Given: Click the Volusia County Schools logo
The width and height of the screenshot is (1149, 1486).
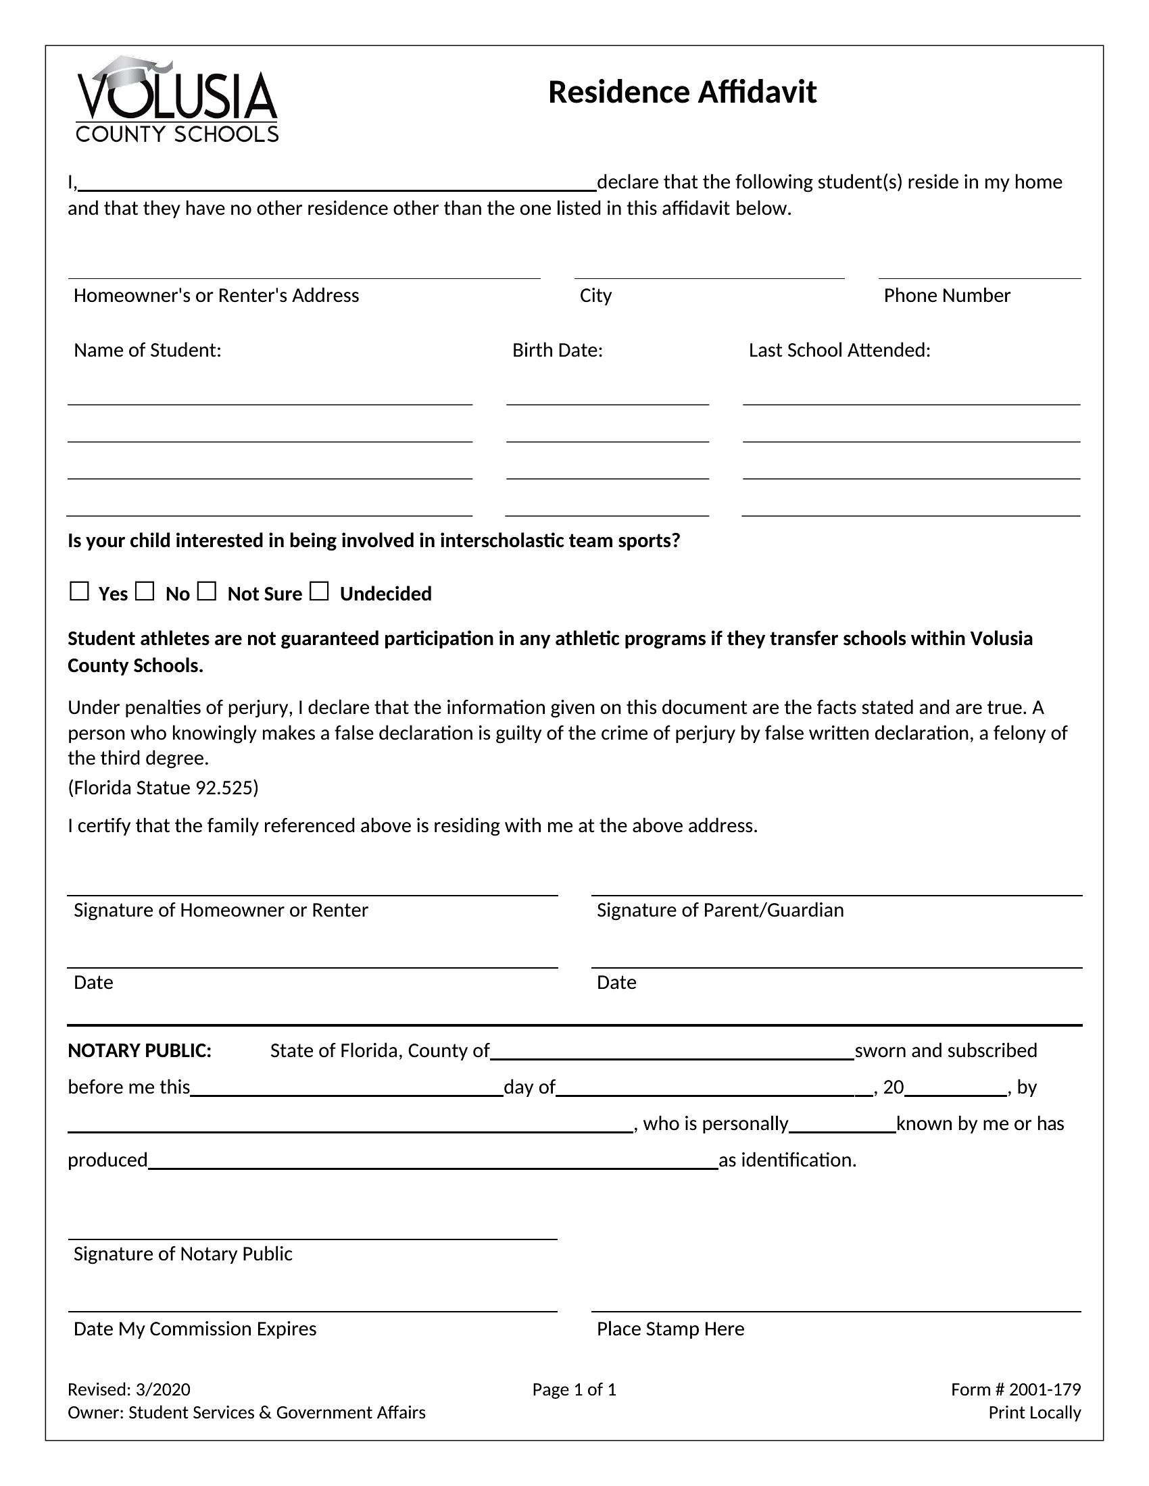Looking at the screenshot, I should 177,99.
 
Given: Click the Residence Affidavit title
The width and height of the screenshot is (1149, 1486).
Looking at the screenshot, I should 681,93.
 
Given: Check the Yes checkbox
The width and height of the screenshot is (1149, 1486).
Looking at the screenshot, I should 80,591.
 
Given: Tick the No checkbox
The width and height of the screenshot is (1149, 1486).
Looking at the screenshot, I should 145,591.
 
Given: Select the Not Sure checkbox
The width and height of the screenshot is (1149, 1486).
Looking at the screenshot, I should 207,591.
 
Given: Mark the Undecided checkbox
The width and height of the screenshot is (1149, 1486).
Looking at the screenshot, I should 319,591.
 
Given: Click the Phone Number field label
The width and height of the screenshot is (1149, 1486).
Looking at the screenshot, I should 946,295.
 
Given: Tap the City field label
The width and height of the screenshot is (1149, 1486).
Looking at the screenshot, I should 595,295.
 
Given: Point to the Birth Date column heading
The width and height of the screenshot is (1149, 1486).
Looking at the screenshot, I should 558,350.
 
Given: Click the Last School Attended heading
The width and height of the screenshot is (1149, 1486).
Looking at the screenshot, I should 839,350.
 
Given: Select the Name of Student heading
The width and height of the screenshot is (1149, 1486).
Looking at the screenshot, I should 148,350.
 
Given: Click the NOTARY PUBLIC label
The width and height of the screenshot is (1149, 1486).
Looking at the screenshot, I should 139,1050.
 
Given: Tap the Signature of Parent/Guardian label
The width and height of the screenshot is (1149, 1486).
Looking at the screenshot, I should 720,910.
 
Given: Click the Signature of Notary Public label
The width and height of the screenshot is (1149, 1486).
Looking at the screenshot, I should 183,1253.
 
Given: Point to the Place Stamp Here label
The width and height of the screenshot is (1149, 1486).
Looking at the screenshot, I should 670,1328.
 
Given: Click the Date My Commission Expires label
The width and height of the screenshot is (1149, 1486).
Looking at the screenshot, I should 195,1328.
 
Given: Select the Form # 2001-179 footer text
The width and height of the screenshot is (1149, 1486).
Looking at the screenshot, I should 1016,1389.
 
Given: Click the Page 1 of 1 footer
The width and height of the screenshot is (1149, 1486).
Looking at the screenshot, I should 574,1389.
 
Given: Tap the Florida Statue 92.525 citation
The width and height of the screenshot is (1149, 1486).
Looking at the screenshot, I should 164,787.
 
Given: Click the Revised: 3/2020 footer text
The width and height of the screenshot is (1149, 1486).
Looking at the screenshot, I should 129,1389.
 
